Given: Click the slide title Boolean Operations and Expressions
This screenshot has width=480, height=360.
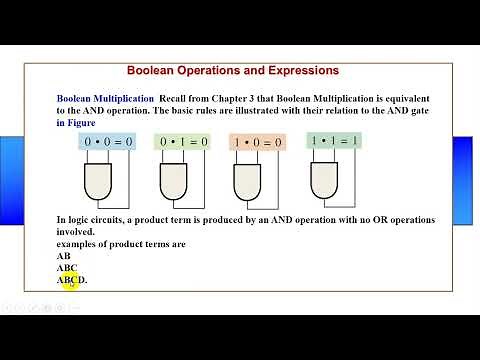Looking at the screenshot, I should pyautogui.click(x=232, y=71).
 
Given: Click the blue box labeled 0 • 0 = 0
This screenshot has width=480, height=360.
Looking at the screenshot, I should pyautogui.click(x=106, y=142).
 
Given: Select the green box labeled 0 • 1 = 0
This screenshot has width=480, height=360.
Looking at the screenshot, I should pyautogui.click(x=184, y=142).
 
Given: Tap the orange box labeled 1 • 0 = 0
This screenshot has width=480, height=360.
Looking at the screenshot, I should pyautogui.click(x=257, y=143).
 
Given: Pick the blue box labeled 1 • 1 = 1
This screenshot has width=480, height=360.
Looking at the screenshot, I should pyautogui.click(x=336, y=141).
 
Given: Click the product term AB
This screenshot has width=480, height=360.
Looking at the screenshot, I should pyautogui.click(x=64, y=256).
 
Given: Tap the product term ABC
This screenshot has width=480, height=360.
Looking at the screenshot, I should pyautogui.click(x=67, y=268).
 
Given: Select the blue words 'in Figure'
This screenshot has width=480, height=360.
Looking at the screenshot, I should pyautogui.click(x=76, y=122).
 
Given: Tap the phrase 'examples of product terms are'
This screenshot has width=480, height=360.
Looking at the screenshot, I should pyautogui.click(x=121, y=243).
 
